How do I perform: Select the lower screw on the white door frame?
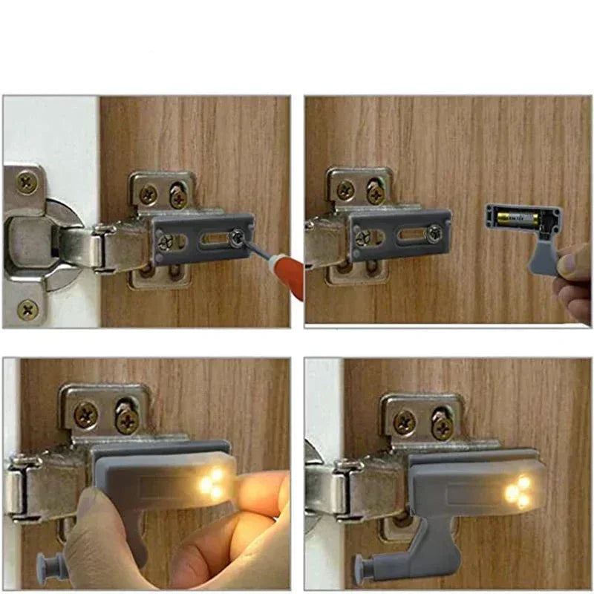[28, 307]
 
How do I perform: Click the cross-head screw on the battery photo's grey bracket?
[362, 238]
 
